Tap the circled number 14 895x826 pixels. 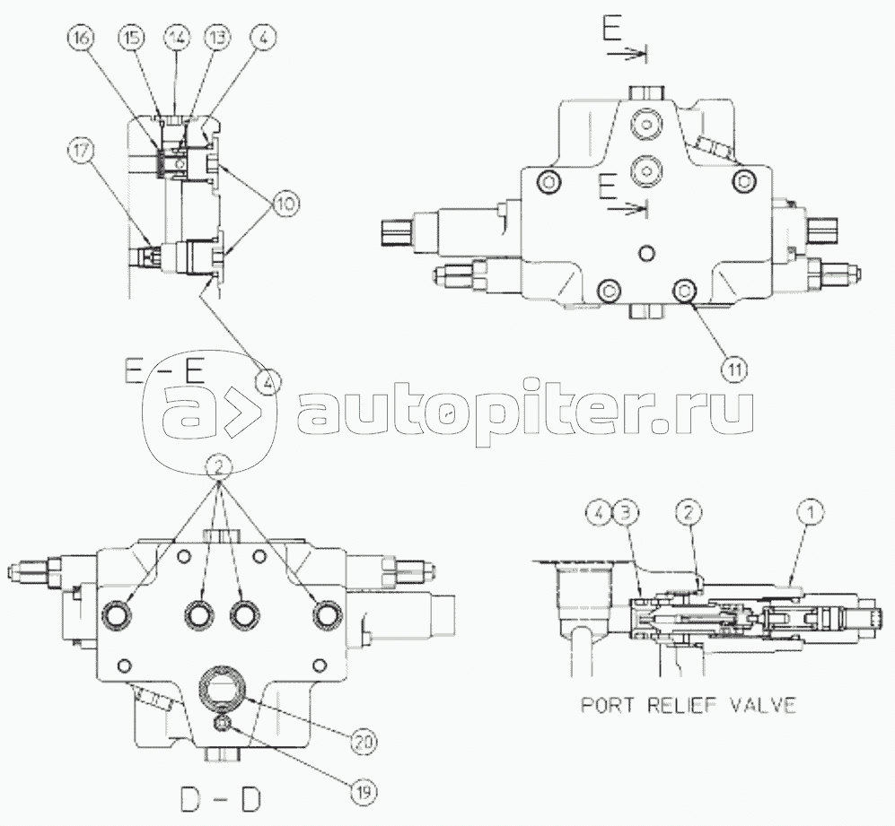[173, 39]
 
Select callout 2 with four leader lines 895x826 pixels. [220, 465]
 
